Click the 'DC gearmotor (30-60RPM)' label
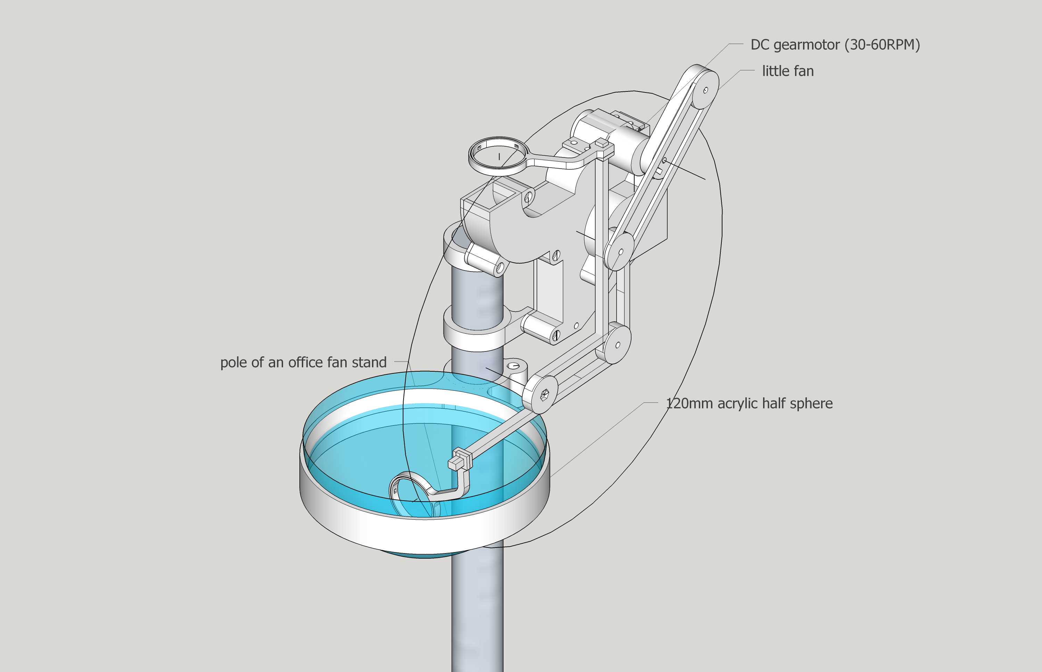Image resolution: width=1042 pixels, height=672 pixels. tap(835, 45)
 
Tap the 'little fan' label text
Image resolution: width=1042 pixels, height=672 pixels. tap(788, 71)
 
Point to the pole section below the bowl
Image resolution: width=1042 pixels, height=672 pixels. tap(477, 611)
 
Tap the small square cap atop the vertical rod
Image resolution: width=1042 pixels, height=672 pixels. tap(602, 142)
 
